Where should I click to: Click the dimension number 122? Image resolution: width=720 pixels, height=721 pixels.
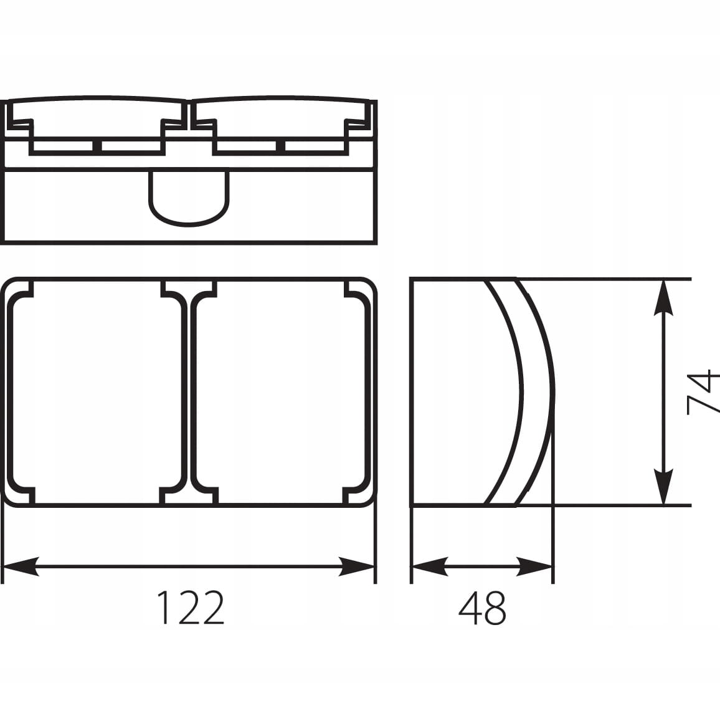tap(191, 608)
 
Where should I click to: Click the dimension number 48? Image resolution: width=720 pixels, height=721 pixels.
tap(482, 608)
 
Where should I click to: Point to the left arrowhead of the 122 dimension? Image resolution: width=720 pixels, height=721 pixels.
tap(21, 566)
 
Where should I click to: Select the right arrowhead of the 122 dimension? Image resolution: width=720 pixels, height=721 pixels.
tap(356, 566)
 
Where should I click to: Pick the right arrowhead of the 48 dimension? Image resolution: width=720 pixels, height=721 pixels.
tap(534, 566)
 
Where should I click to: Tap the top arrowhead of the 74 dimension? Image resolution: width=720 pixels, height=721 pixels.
tap(663, 298)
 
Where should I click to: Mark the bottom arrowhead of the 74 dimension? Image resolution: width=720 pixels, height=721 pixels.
tap(663, 487)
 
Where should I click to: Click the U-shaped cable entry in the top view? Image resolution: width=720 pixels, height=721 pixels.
tap(189, 224)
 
